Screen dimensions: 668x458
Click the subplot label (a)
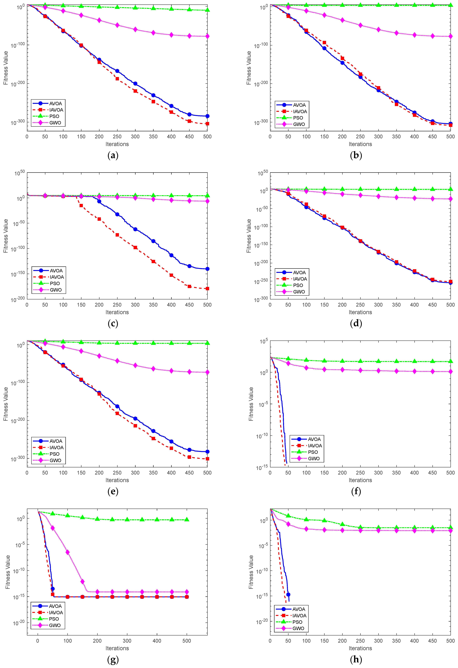113,156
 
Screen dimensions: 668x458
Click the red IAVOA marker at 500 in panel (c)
207,289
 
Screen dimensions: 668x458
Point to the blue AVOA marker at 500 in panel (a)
207,116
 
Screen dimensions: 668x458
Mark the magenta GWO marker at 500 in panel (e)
207,372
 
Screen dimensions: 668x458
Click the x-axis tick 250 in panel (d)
360,305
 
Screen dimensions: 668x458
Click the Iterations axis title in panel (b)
360,144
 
